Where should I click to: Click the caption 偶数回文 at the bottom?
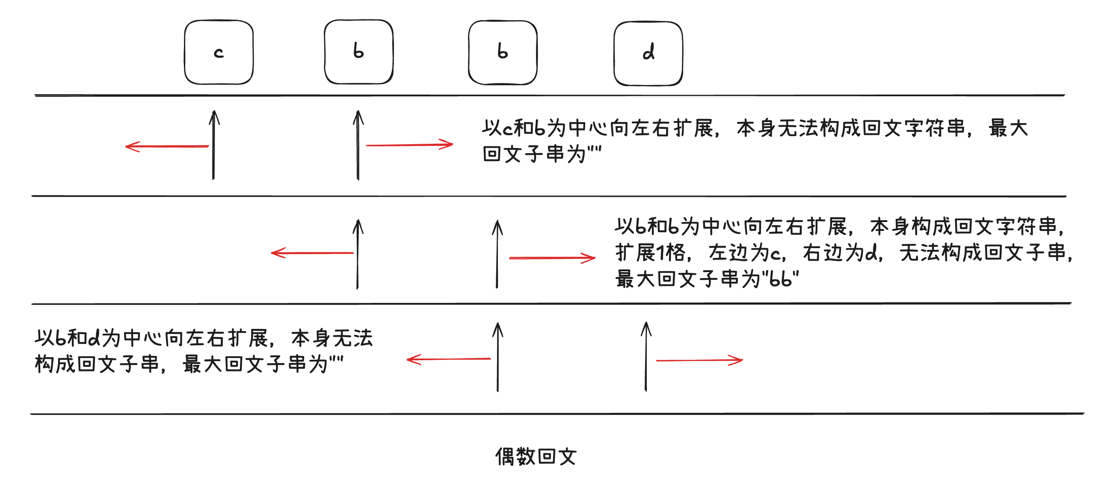click(x=536, y=456)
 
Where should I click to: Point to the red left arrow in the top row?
click(x=167, y=146)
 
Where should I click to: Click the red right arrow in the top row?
click(x=410, y=145)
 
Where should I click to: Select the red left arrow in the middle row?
click(x=313, y=252)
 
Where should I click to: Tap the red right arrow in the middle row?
click(x=552, y=258)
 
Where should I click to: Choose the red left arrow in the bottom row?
click(x=449, y=359)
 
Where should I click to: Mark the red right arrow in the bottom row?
click(x=699, y=360)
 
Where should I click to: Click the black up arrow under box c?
click(x=214, y=145)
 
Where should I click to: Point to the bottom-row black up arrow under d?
click(x=646, y=356)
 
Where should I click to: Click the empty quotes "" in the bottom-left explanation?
click(x=336, y=360)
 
